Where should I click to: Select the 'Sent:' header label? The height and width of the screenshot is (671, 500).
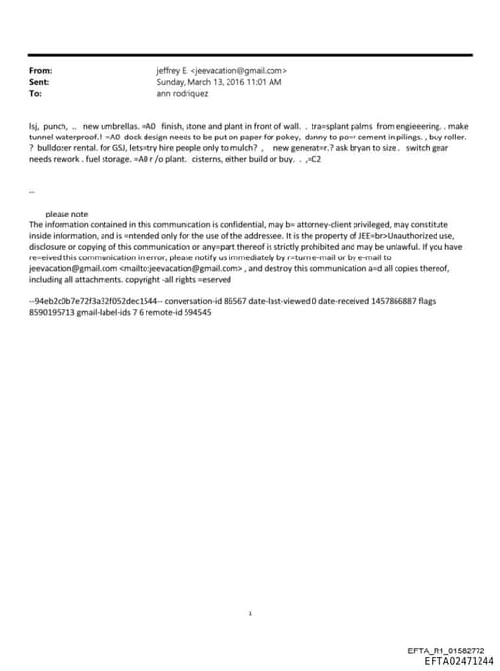[40, 82]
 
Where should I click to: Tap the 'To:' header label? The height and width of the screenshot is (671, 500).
[36, 93]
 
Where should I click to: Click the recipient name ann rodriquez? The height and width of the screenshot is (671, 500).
[184, 93]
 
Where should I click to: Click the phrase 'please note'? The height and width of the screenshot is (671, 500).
[66, 214]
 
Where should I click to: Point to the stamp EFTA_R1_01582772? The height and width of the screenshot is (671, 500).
[444, 651]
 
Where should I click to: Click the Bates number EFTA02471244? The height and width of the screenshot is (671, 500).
[452, 660]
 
